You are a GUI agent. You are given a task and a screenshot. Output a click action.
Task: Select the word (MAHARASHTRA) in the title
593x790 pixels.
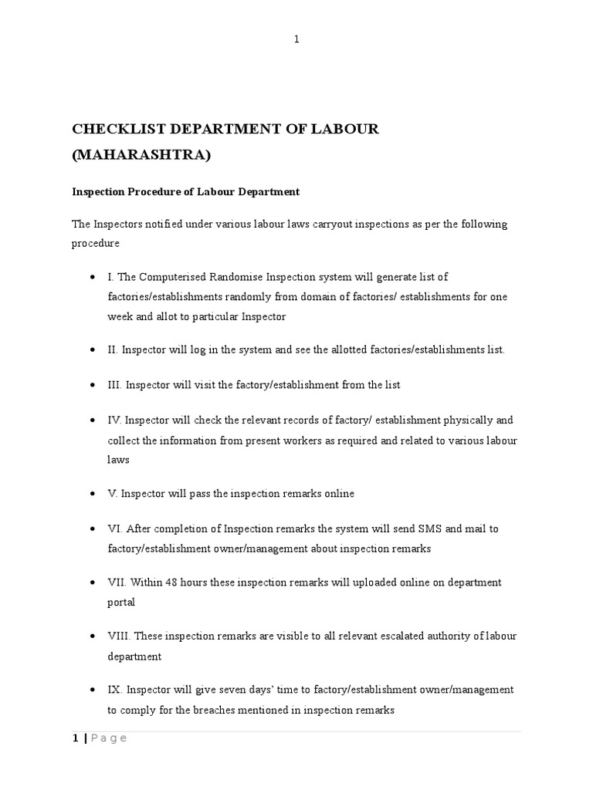point(141,156)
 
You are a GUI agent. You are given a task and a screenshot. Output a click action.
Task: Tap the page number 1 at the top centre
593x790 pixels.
point(296,40)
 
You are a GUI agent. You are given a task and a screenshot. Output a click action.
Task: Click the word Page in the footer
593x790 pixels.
point(109,738)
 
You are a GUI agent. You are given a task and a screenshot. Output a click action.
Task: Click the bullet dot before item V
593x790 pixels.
point(93,494)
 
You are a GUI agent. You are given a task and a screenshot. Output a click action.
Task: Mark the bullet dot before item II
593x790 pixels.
point(93,350)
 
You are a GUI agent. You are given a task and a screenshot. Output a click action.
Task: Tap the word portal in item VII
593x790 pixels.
point(122,603)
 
